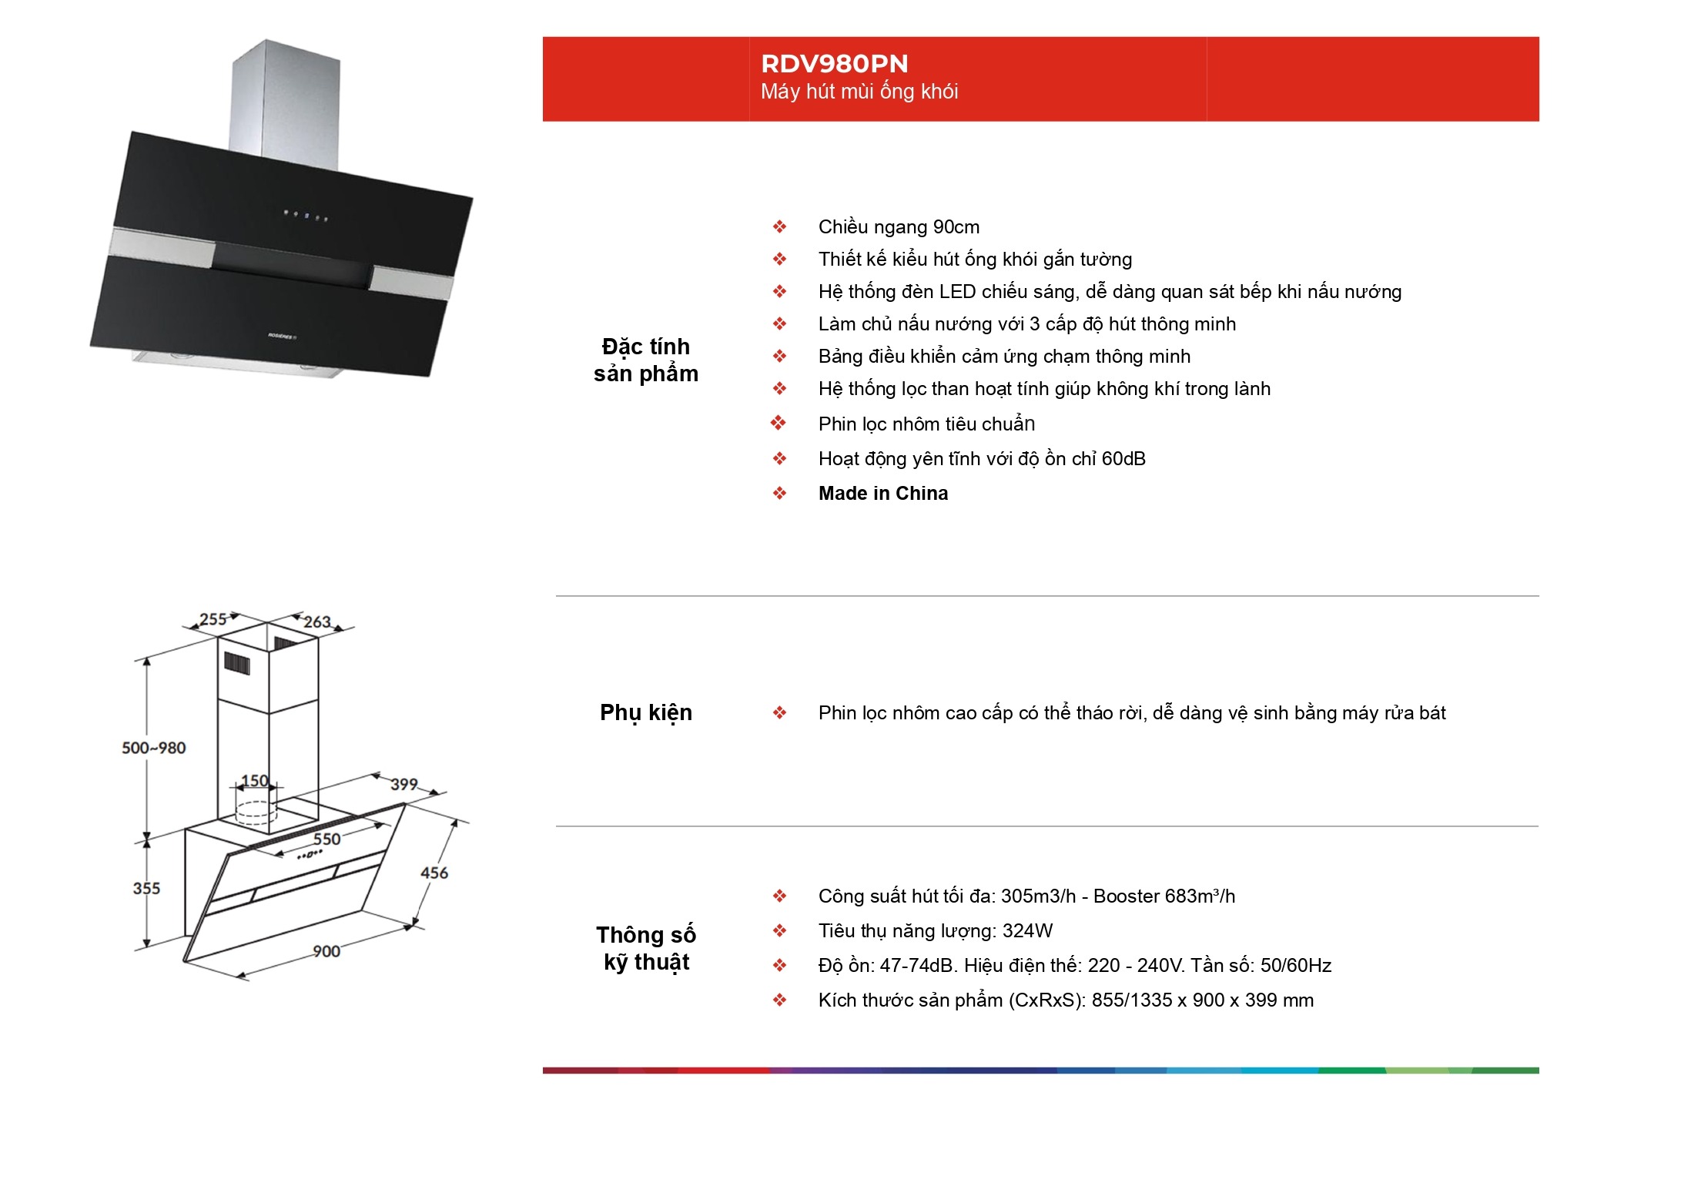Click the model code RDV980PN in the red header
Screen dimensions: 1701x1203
(834, 63)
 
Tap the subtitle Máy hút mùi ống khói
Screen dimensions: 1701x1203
(859, 92)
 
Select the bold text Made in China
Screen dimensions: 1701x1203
(883, 493)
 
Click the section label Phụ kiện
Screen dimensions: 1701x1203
(646, 713)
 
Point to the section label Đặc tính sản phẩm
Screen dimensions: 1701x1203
(646, 360)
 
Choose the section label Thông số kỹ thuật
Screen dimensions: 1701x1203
(646, 948)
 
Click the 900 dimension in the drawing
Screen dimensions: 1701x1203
(326, 951)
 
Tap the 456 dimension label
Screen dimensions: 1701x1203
(434, 873)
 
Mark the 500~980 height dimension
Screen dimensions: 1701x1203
(154, 748)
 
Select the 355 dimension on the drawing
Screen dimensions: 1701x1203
(146, 888)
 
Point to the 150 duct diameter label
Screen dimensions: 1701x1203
(255, 781)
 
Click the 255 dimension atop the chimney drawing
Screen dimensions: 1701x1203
(213, 619)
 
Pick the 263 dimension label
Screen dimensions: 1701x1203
(316, 622)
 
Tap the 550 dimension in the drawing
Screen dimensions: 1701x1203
(326, 839)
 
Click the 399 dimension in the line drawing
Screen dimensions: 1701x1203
(403, 784)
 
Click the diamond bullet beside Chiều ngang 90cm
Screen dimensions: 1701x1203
(779, 226)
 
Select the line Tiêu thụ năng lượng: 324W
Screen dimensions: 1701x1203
(936, 931)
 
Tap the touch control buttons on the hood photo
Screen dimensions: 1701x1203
(306, 216)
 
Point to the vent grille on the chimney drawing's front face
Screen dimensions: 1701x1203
(237, 663)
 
